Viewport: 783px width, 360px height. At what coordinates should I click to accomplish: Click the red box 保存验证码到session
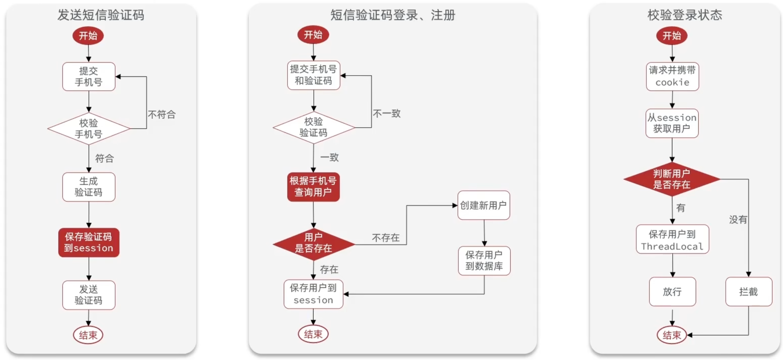pos(88,243)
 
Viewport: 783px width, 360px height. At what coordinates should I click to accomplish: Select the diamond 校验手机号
pos(88,128)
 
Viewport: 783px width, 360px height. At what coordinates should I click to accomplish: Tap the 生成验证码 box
pos(88,187)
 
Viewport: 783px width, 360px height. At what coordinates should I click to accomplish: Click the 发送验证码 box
pos(88,295)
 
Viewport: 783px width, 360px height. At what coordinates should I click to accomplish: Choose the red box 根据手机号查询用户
pos(313,187)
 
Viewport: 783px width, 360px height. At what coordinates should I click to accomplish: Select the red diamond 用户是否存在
pos(313,244)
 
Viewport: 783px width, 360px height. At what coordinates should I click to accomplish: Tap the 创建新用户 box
pos(483,205)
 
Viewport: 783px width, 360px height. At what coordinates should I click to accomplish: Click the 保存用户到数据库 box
pos(484,261)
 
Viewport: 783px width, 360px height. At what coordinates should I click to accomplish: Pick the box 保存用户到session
pos(313,294)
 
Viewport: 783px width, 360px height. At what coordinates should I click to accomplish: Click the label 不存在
pos(385,237)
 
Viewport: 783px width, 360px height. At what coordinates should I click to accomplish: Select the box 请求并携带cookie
pos(672,76)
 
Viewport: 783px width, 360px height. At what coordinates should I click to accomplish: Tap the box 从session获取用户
pos(672,123)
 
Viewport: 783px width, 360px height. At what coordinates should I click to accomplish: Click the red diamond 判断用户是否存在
pos(672,179)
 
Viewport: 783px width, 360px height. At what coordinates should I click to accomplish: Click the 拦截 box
pos(748,292)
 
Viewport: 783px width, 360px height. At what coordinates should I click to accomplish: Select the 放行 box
pos(672,292)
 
